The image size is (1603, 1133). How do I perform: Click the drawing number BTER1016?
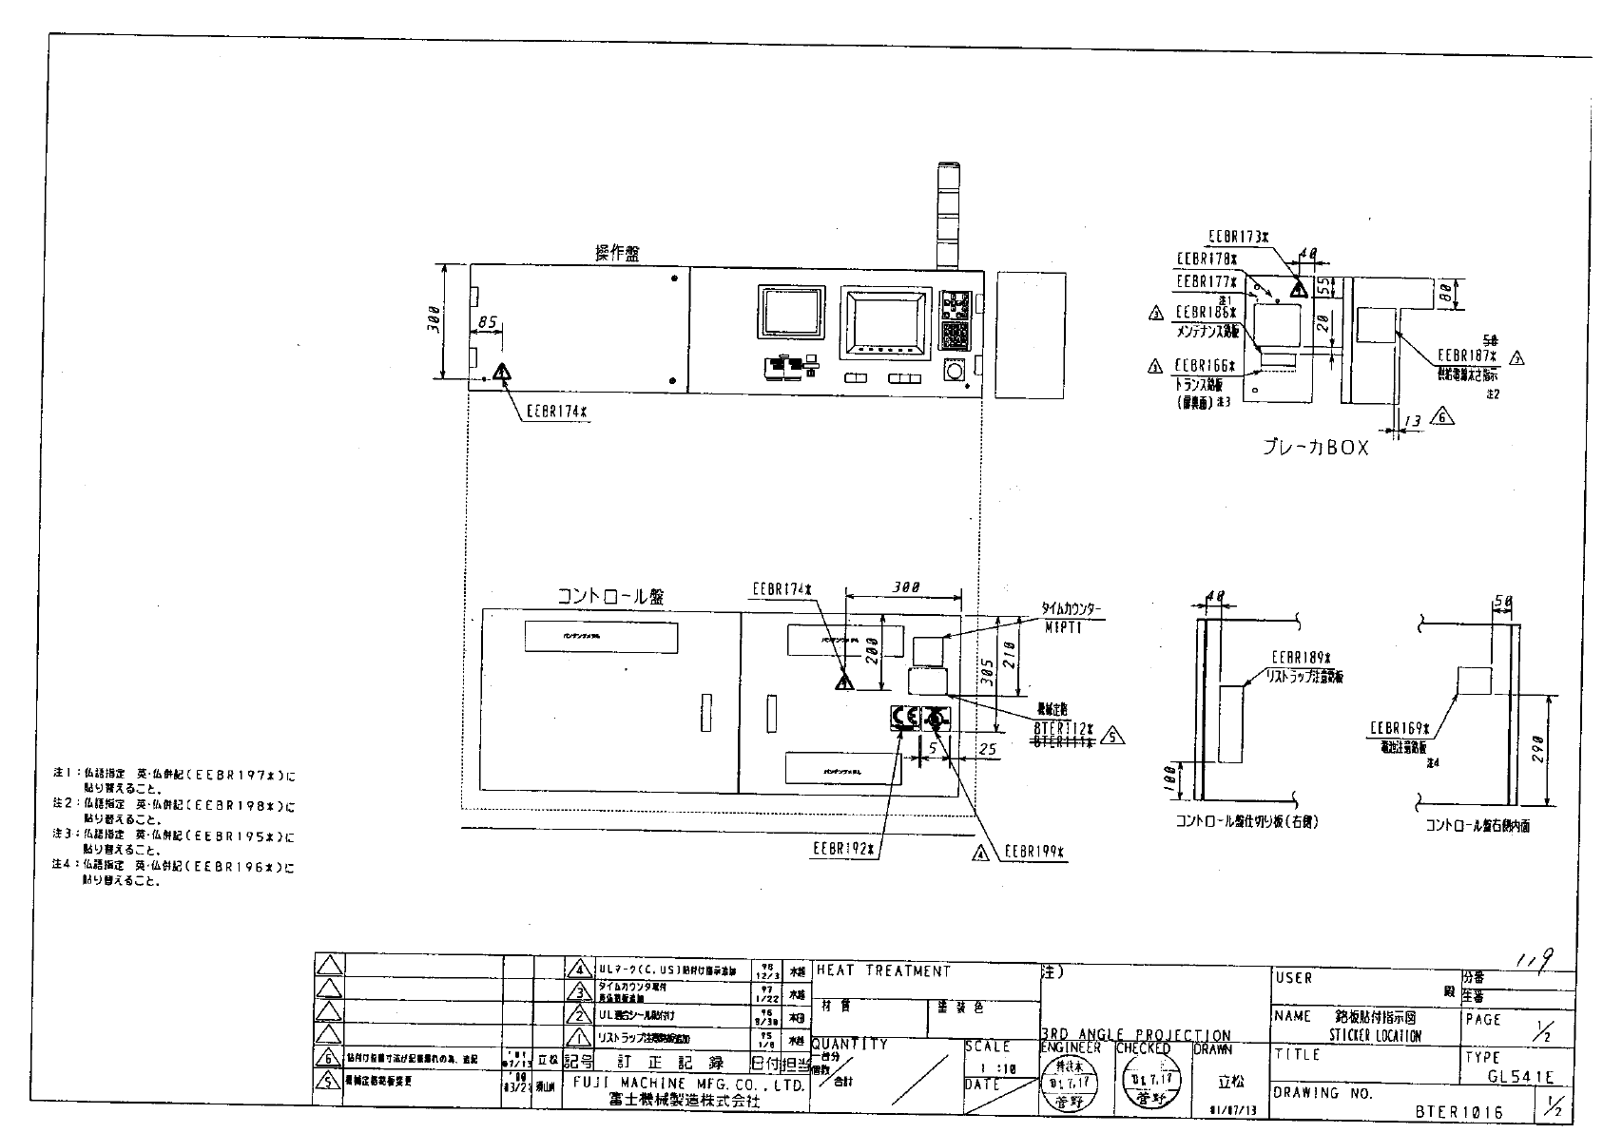pyautogui.click(x=1458, y=1109)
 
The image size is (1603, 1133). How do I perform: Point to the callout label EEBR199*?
pyautogui.click(x=1033, y=853)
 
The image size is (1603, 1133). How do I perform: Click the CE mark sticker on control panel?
pyautogui.click(x=904, y=718)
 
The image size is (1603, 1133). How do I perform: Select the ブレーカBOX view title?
pyautogui.click(x=1315, y=447)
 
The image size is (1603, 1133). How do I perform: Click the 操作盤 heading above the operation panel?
pyautogui.click(x=617, y=253)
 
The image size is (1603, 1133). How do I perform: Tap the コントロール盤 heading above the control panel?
pyautogui.click(x=609, y=596)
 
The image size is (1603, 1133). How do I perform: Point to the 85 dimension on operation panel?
pyautogui.click(x=487, y=323)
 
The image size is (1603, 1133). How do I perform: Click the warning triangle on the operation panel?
pyautogui.click(x=501, y=372)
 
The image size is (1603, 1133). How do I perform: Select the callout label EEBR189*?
pyautogui.click(x=1302, y=658)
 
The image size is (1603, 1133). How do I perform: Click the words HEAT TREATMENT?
pyautogui.click(x=882, y=971)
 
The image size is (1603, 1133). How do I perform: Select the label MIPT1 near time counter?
pyautogui.click(x=1063, y=627)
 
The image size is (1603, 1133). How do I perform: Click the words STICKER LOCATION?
pyautogui.click(x=1375, y=1035)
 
